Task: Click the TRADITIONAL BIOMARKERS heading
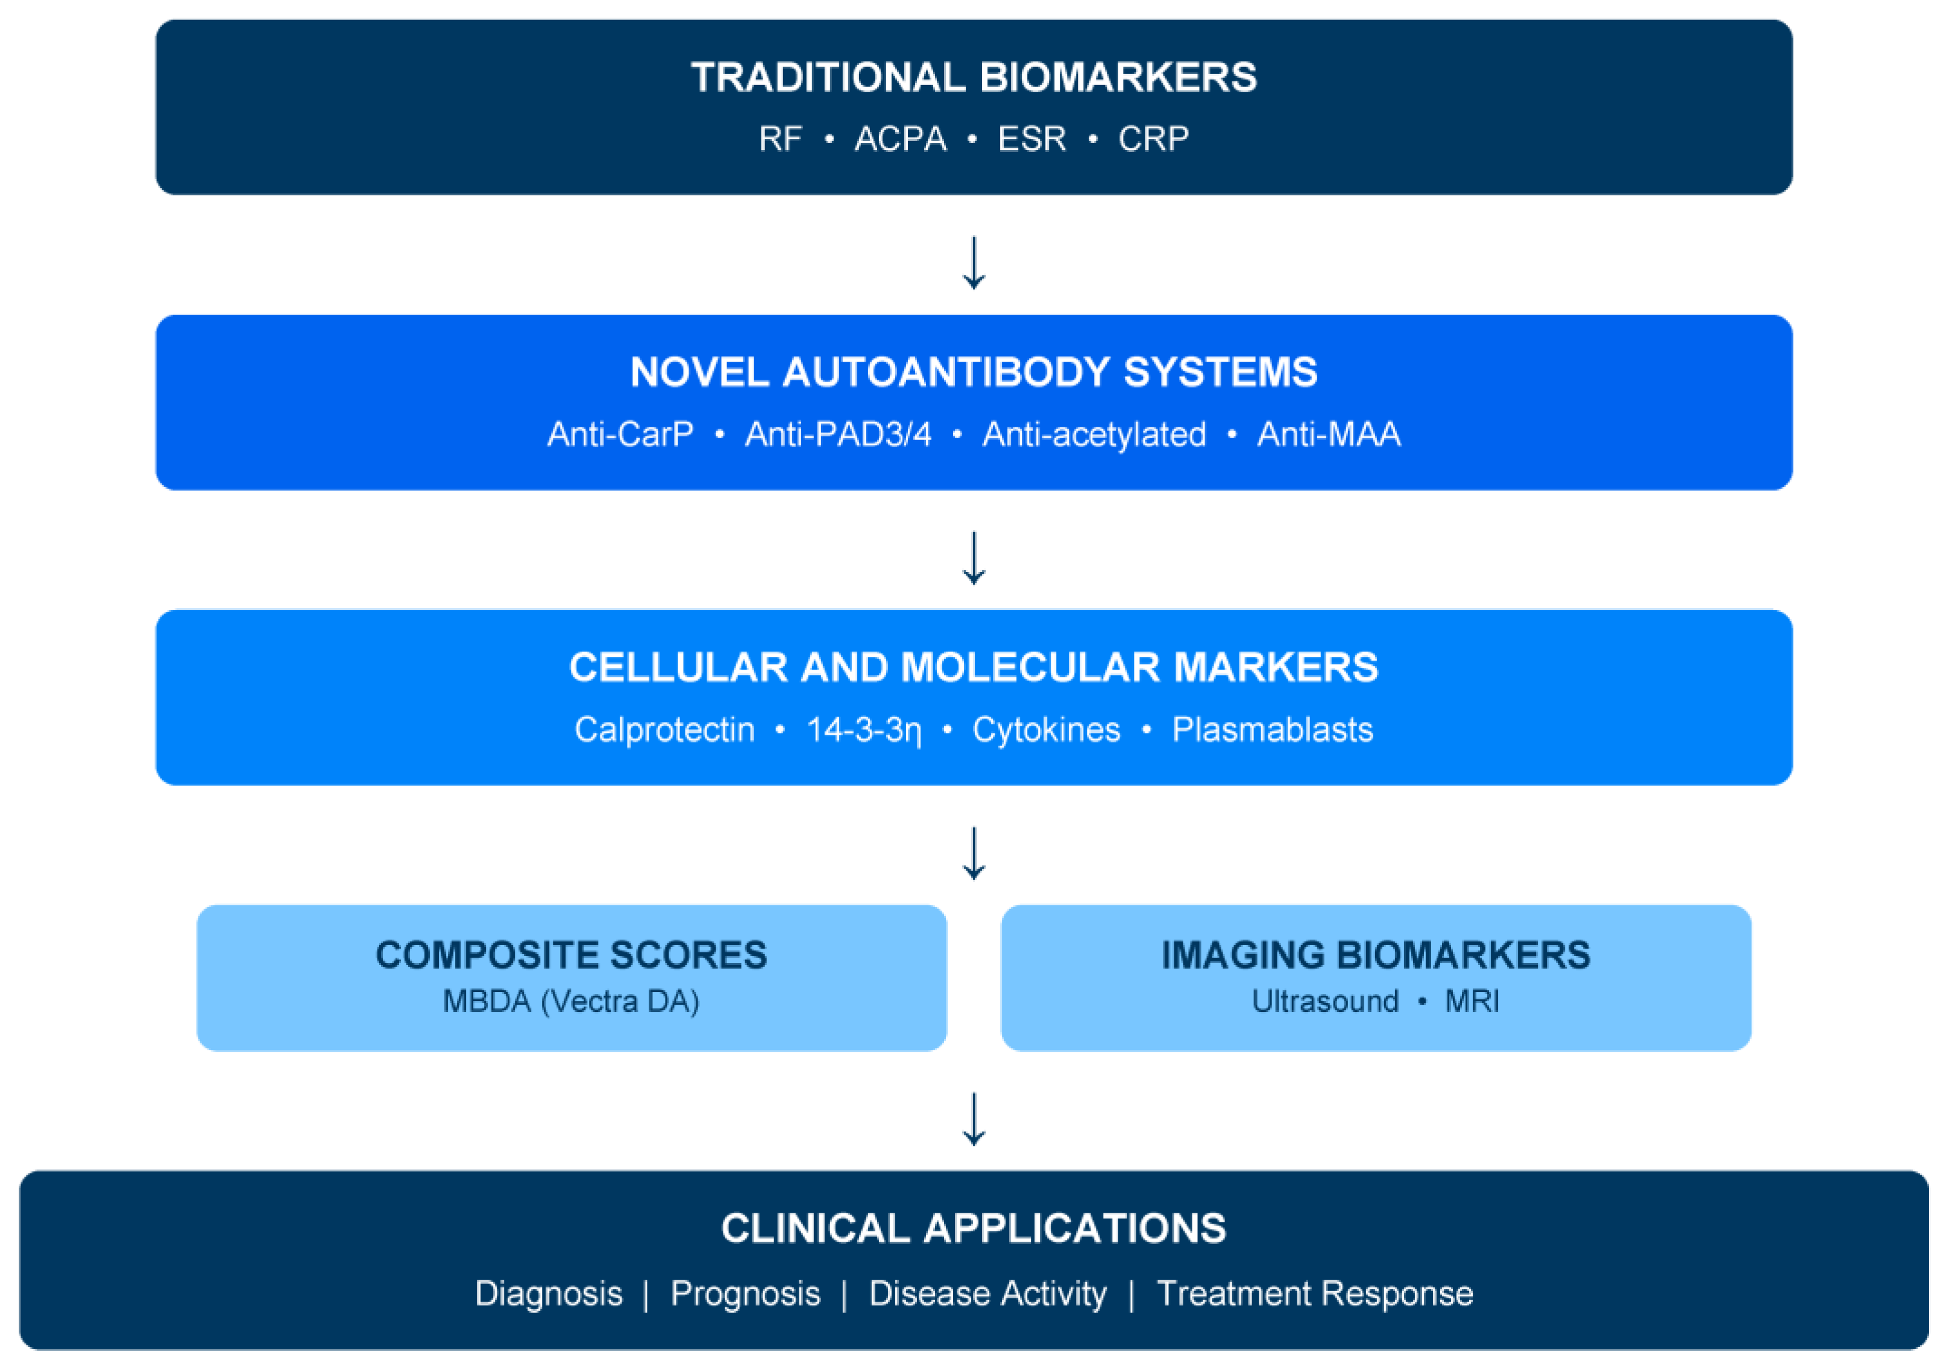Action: [x=974, y=77]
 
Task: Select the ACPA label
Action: [x=900, y=139]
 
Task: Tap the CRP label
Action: [x=1153, y=139]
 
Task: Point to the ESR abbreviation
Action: [x=1031, y=139]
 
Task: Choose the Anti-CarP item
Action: [x=620, y=434]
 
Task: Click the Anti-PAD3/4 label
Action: [x=838, y=434]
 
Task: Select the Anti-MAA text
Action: [x=1329, y=434]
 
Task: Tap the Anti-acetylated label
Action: [x=1094, y=434]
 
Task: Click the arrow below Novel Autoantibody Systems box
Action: [x=974, y=558]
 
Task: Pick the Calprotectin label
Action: [x=665, y=729]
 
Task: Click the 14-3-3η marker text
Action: [x=863, y=729]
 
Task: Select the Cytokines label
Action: [x=1046, y=729]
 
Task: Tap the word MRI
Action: [x=1472, y=1002]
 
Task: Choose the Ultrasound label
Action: [x=1325, y=1002]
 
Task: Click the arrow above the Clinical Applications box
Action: [x=974, y=1119]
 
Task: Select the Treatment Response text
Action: [x=1315, y=1293]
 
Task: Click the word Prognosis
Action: [x=745, y=1293]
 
